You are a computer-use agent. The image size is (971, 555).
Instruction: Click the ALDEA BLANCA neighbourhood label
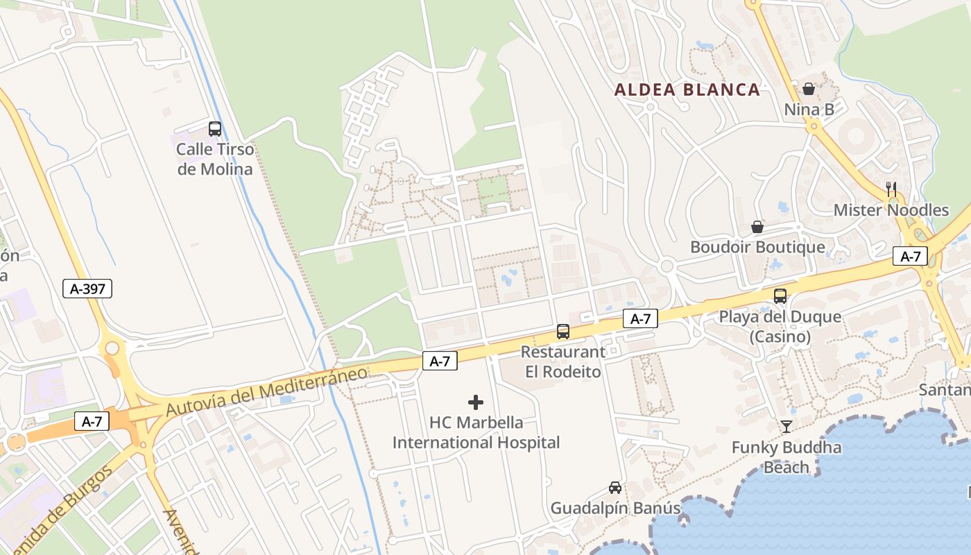pyautogui.click(x=687, y=89)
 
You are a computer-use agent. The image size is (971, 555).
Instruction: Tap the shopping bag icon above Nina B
pyautogui.click(x=809, y=89)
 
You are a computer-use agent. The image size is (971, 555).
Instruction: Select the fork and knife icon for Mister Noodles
pyautogui.click(x=891, y=188)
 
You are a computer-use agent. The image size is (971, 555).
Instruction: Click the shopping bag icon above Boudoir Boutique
pyautogui.click(x=757, y=227)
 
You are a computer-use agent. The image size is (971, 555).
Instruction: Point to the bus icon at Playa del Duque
pyautogui.click(x=780, y=296)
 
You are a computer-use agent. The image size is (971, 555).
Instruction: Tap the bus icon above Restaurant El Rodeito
pyautogui.click(x=563, y=332)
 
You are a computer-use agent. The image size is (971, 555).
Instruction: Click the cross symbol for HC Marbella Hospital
pyautogui.click(x=476, y=402)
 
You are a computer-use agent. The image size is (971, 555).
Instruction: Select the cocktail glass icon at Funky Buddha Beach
pyautogui.click(x=787, y=426)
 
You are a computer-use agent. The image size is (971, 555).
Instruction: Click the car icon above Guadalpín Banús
pyautogui.click(x=615, y=487)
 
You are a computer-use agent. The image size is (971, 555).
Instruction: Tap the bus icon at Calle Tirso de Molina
pyautogui.click(x=215, y=128)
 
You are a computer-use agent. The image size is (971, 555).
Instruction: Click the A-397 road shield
pyautogui.click(x=87, y=289)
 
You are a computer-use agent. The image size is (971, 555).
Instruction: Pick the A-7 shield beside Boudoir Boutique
pyautogui.click(x=910, y=256)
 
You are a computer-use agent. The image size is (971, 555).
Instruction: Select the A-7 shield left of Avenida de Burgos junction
pyautogui.click(x=92, y=421)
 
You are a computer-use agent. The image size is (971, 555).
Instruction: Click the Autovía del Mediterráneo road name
pyautogui.click(x=266, y=391)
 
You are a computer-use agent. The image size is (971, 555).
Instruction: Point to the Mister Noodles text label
pyautogui.click(x=891, y=210)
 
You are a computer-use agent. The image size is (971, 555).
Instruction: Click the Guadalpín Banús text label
pyautogui.click(x=615, y=508)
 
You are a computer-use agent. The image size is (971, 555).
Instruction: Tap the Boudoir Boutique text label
pyautogui.click(x=757, y=247)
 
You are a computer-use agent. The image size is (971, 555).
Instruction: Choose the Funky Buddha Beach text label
pyautogui.click(x=787, y=457)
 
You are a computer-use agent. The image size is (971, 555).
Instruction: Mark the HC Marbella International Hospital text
pyautogui.click(x=476, y=432)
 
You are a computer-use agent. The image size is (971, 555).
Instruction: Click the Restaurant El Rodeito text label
pyautogui.click(x=562, y=361)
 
